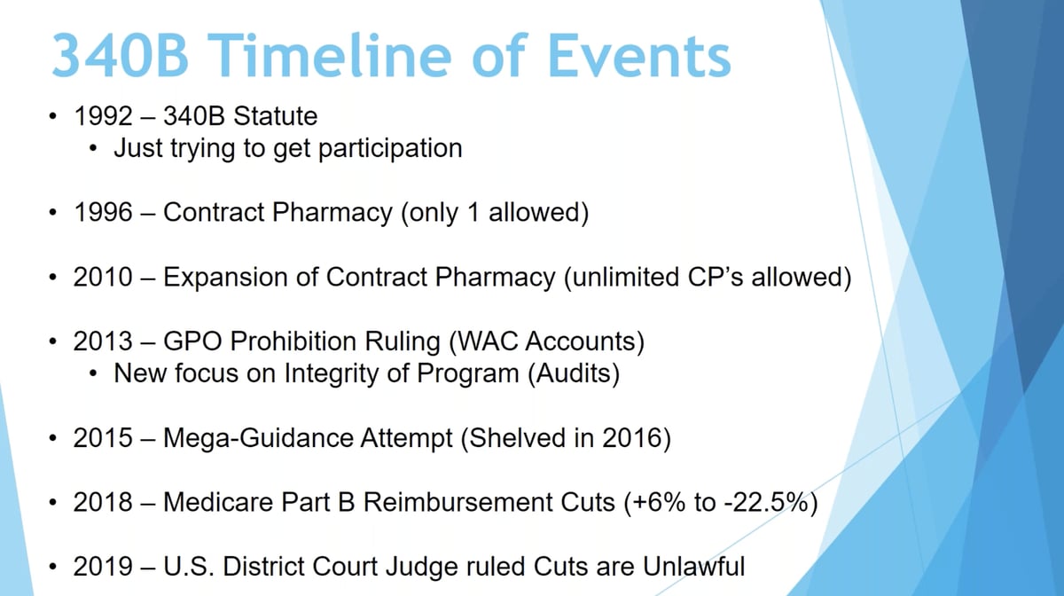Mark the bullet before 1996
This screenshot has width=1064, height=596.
(56, 214)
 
